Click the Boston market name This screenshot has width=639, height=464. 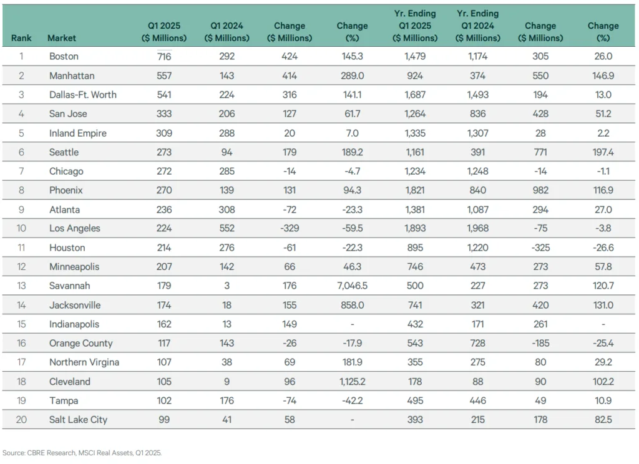click(x=64, y=56)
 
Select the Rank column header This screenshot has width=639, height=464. click(x=21, y=38)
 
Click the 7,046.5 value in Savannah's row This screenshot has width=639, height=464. click(x=352, y=286)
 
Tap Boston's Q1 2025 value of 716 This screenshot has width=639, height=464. click(x=165, y=56)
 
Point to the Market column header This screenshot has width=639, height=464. click(x=62, y=38)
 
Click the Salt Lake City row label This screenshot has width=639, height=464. click(x=78, y=420)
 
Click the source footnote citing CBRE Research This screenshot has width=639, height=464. click(x=82, y=453)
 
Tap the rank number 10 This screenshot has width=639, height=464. click(x=21, y=228)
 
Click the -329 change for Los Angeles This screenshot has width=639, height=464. click(x=290, y=228)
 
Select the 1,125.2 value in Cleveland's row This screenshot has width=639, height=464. click(x=352, y=382)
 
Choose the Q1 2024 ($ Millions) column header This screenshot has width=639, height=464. click(x=227, y=32)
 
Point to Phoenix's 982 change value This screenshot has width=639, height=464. click(x=540, y=190)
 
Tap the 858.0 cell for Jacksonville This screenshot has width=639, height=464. click(x=352, y=305)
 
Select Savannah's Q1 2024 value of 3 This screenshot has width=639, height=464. click(x=227, y=286)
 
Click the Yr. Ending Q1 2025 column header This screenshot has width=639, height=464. click(x=414, y=26)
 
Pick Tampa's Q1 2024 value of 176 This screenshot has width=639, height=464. click(x=227, y=400)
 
